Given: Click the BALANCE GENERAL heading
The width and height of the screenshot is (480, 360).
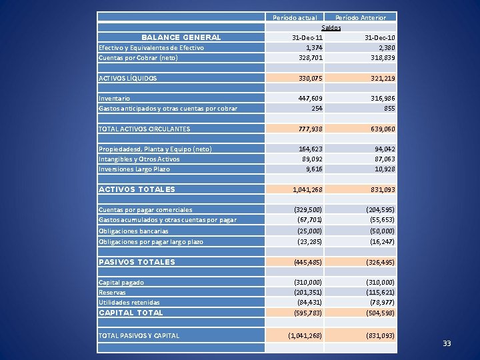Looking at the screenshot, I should (181, 37).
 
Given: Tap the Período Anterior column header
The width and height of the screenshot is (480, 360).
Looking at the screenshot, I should (360, 18).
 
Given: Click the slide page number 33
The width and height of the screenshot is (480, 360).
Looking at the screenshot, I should (447, 343).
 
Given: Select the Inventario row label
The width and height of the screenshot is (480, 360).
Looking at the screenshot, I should (114, 98).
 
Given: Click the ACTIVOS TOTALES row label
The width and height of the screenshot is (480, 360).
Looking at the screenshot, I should (137, 189).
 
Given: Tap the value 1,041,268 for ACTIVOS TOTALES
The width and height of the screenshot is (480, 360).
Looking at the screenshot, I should (307, 190).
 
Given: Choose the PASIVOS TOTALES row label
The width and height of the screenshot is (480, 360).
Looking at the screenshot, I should (137, 262).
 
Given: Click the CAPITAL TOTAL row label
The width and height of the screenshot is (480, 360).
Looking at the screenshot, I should (131, 312).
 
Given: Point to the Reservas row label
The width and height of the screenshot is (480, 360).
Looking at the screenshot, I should (112, 293).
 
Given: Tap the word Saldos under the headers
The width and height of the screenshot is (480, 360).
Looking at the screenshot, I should (331, 28).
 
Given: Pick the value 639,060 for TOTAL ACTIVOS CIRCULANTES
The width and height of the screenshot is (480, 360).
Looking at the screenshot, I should (381, 129).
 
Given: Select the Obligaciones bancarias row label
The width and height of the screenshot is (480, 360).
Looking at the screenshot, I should (133, 231).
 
